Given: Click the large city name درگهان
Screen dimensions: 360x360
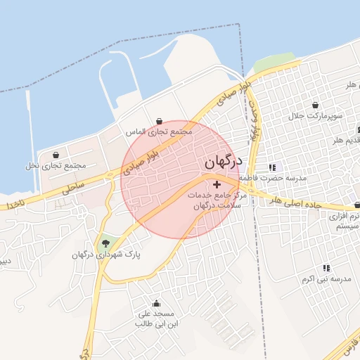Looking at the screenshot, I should click(x=224, y=162).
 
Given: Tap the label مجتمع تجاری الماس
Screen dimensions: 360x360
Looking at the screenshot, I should click(x=159, y=131).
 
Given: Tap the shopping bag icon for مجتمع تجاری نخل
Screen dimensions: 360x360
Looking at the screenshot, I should click(x=56, y=155).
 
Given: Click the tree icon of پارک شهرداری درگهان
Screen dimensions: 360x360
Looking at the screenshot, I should click(x=105, y=243).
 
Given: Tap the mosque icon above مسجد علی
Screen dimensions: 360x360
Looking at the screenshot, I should click(x=156, y=303).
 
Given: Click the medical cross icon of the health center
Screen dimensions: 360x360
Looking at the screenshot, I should click(x=216, y=184).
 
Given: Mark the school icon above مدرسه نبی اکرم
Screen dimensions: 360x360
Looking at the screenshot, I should click(x=326, y=268).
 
